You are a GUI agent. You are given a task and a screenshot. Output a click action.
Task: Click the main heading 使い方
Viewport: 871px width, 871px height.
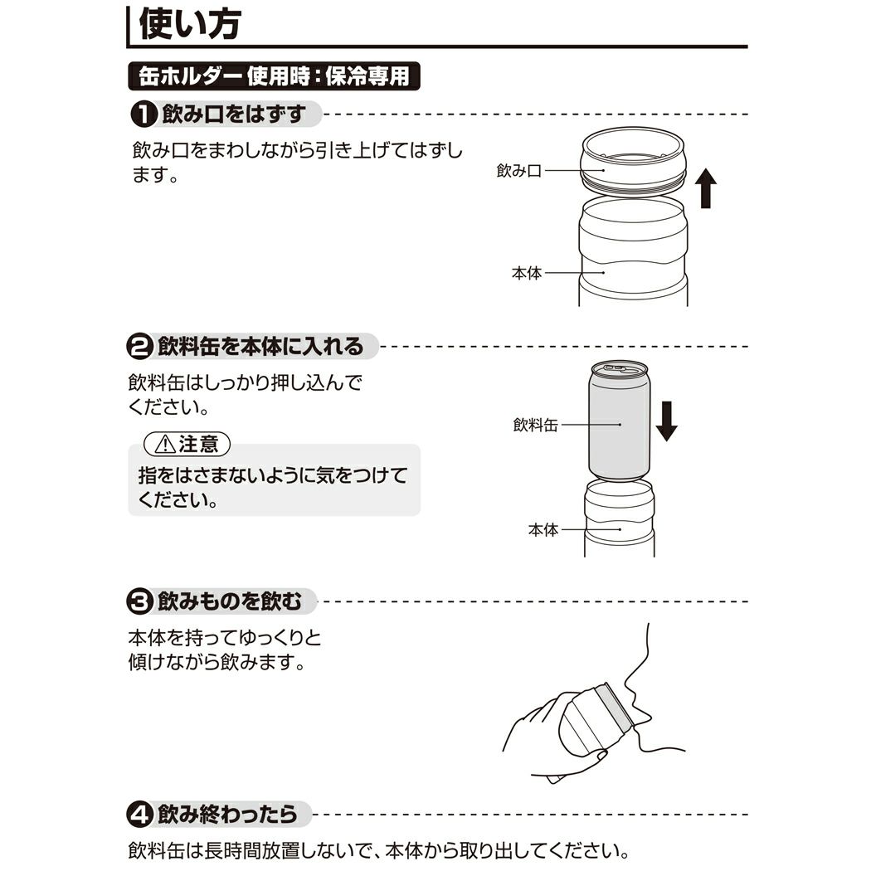pyautogui.click(x=189, y=24)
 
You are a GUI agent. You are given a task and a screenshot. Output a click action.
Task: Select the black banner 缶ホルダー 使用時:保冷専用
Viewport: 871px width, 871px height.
pyautogui.click(x=275, y=76)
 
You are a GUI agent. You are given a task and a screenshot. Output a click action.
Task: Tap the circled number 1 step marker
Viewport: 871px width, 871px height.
pyautogui.click(x=144, y=114)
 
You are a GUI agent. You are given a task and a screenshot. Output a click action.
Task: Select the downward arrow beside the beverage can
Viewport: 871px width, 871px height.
pyautogui.click(x=666, y=421)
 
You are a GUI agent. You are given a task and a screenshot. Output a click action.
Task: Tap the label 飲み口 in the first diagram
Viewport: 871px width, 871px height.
pyautogui.click(x=518, y=171)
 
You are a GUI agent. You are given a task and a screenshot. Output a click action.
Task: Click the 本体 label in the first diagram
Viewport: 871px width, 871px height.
pyautogui.click(x=527, y=273)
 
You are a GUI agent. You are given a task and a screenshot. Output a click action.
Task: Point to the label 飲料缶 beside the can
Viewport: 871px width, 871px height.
pyautogui.click(x=535, y=425)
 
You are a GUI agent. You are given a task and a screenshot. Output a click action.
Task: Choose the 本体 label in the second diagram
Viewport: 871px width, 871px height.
pyautogui.click(x=543, y=529)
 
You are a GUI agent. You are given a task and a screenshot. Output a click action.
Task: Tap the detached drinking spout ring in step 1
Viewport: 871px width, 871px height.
pyautogui.click(x=633, y=162)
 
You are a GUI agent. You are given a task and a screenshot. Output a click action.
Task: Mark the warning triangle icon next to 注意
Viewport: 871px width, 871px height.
pyautogui.click(x=165, y=445)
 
